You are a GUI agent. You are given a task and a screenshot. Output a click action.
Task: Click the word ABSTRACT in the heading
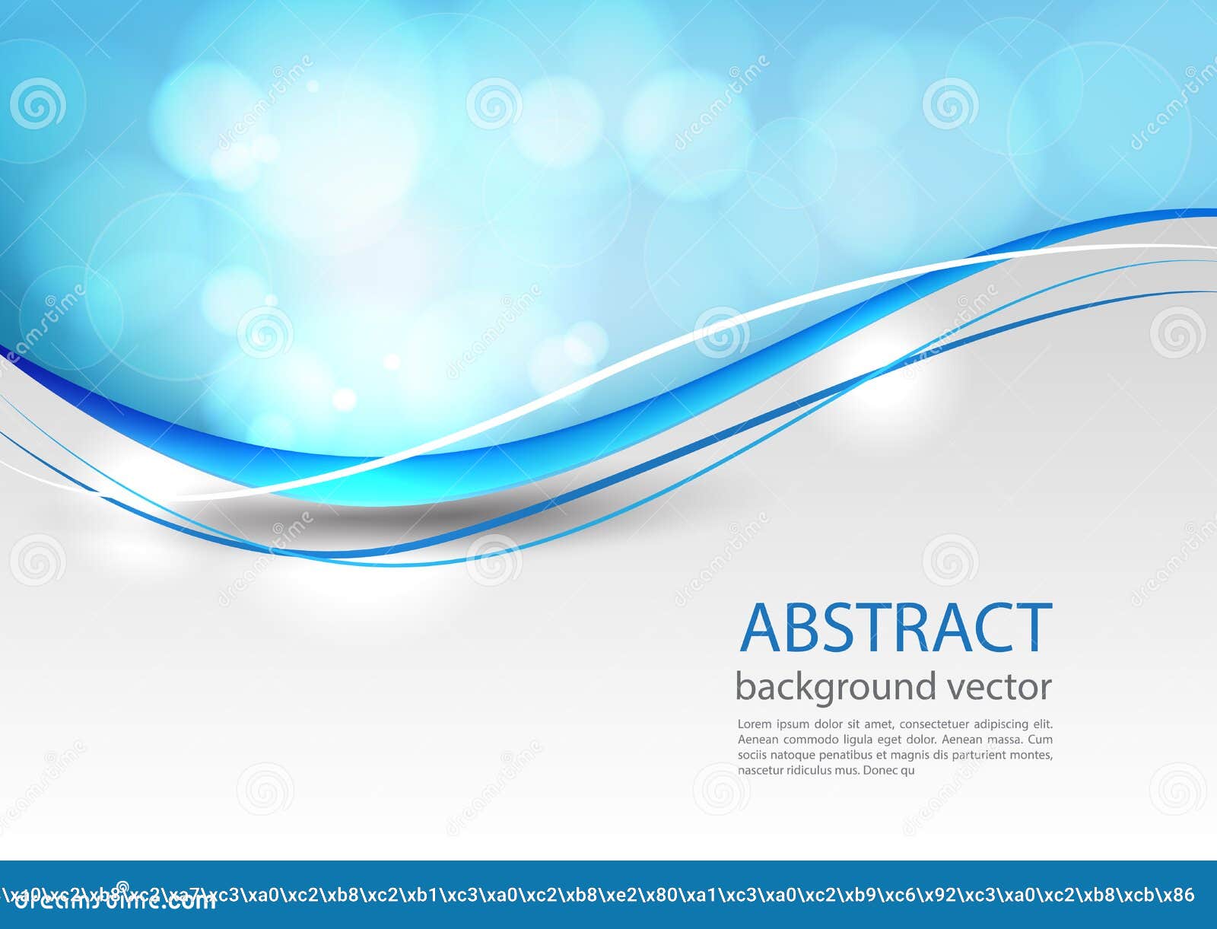pyautogui.click(x=896, y=628)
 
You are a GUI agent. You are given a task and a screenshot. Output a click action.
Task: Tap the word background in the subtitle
pyautogui.click(x=837, y=687)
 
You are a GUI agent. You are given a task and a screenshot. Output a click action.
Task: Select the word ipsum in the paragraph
pyautogui.click(x=792, y=725)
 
